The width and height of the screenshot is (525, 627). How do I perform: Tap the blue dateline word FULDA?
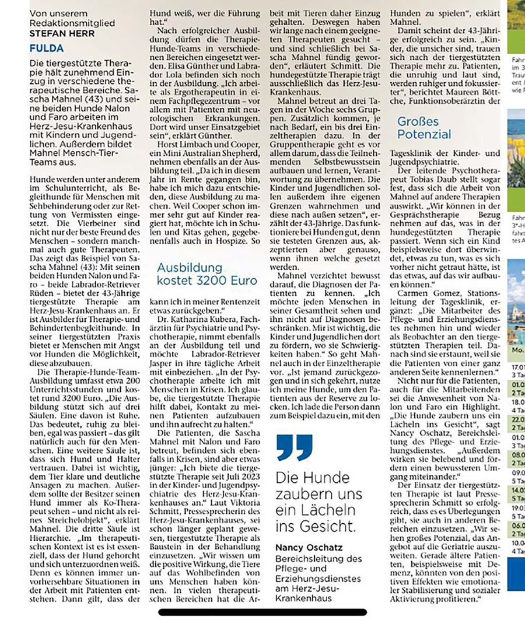47,48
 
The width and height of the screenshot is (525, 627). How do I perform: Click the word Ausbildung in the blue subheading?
190,268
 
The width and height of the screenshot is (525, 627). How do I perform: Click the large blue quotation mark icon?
295,447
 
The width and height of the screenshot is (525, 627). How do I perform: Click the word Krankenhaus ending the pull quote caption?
304,598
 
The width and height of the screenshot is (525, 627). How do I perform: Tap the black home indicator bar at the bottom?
262,612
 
